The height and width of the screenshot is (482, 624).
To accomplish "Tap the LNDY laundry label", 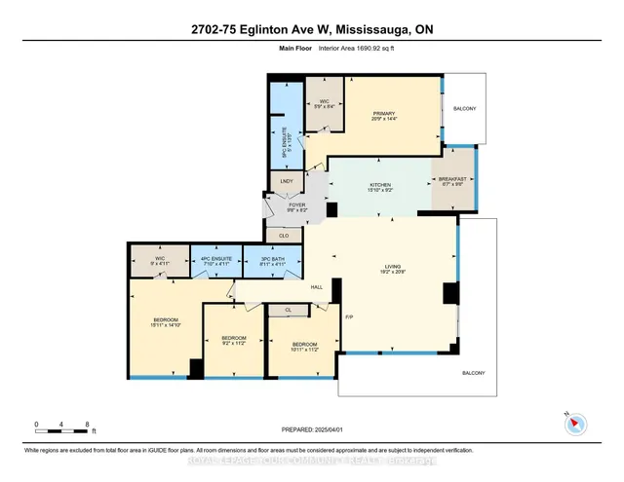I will (x=286, y=181).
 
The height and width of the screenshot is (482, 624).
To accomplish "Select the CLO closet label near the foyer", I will (x=284, y=235).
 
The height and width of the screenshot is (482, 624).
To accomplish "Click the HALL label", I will (x=317, y=287).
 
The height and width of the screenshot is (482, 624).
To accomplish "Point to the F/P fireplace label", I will (x=350, y=317).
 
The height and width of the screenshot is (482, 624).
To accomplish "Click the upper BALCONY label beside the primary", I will (x=463, y=109).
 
